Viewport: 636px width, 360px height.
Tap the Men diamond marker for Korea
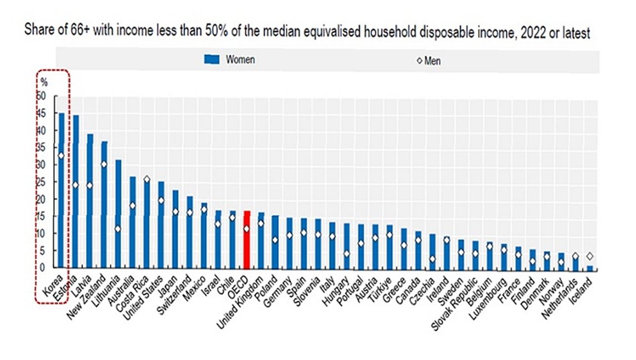[61, 155]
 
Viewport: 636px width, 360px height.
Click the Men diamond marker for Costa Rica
[147, 179]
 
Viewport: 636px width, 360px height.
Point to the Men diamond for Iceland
[590, 256]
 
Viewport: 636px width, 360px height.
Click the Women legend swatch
[211, 60]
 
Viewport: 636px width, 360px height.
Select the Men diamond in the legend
[419, 61]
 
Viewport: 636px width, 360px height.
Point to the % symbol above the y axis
[44, 82]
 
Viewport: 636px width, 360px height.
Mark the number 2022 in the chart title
[518, 33]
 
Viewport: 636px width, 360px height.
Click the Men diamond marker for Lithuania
[118, 229]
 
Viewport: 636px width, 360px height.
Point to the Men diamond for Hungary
[347, 254]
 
